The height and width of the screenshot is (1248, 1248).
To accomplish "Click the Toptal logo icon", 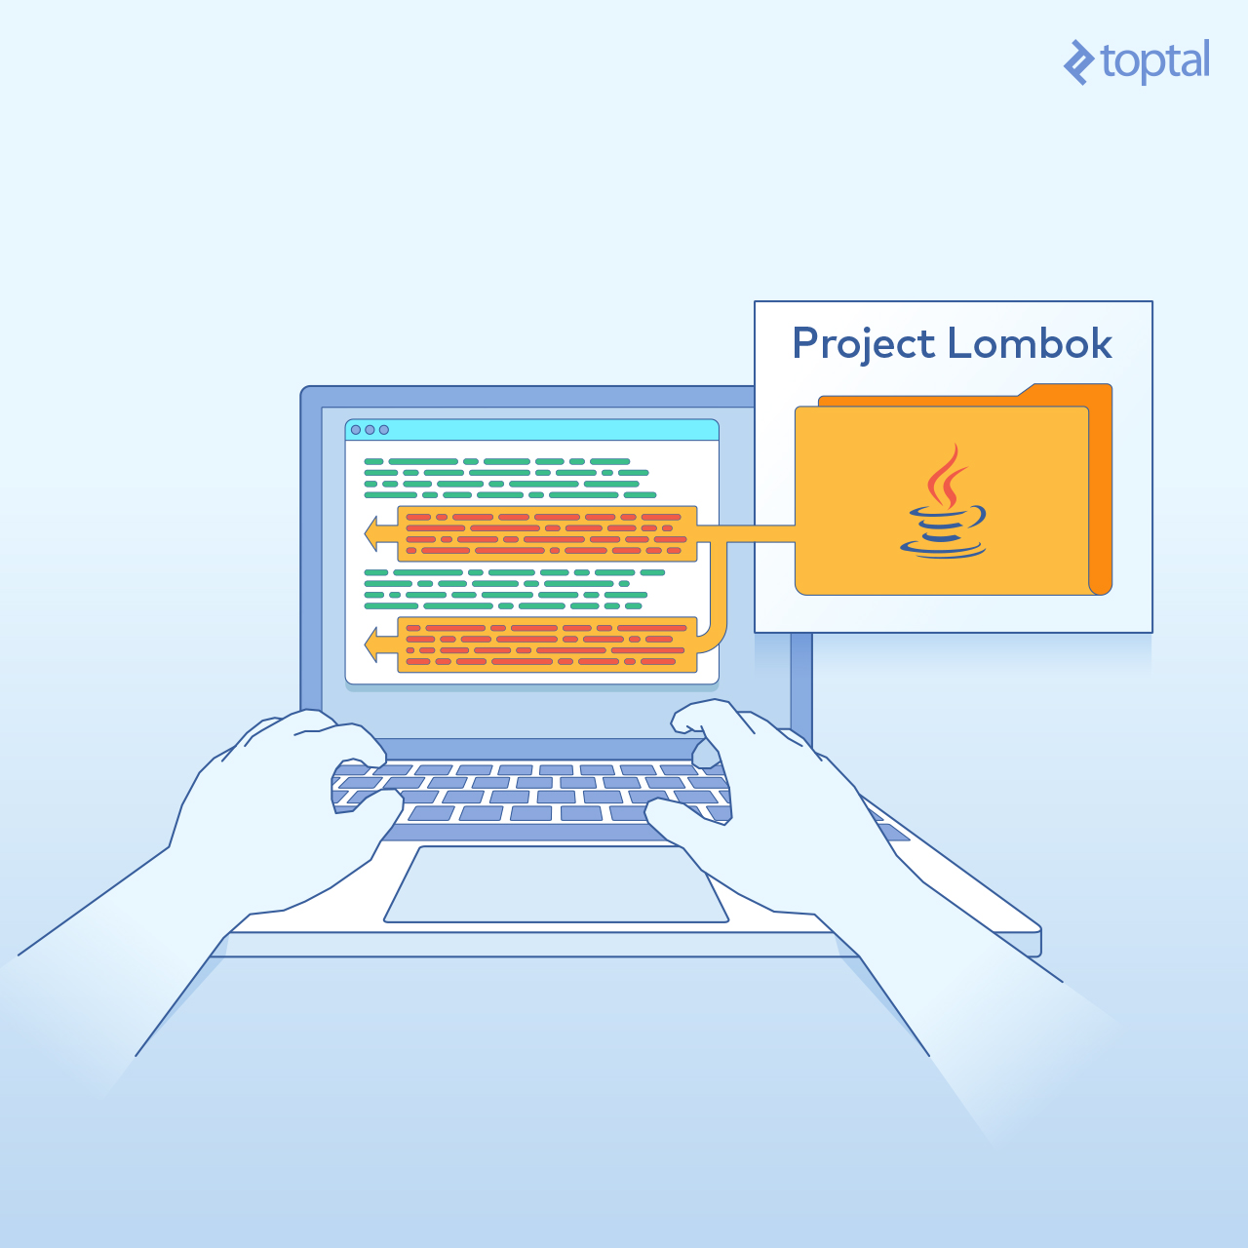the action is tap(1079, 62).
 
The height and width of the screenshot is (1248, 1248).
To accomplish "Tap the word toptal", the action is tap(1154, 62).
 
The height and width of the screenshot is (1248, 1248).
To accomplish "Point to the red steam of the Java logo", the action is tap(946, 476).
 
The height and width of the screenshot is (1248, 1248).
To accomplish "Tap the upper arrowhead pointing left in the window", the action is tap(371, 533).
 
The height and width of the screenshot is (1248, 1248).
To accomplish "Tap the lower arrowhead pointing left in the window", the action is tap(371, 644).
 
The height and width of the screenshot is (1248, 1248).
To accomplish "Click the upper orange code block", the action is tap(547, 533).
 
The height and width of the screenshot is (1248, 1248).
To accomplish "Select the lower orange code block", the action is tap(547, 644).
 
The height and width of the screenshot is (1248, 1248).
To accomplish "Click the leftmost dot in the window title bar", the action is tap(356, 430).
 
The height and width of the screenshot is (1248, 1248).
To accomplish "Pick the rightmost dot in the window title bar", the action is tap(384, 430).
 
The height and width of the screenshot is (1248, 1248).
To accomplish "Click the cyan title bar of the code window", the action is tap(531, 430).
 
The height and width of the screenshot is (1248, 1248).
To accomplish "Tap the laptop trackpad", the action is tap(557, 883).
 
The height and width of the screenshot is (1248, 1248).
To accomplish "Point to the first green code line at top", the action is tap(496, 462).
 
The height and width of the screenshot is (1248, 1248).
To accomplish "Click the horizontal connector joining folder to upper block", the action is tap(746, 533).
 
